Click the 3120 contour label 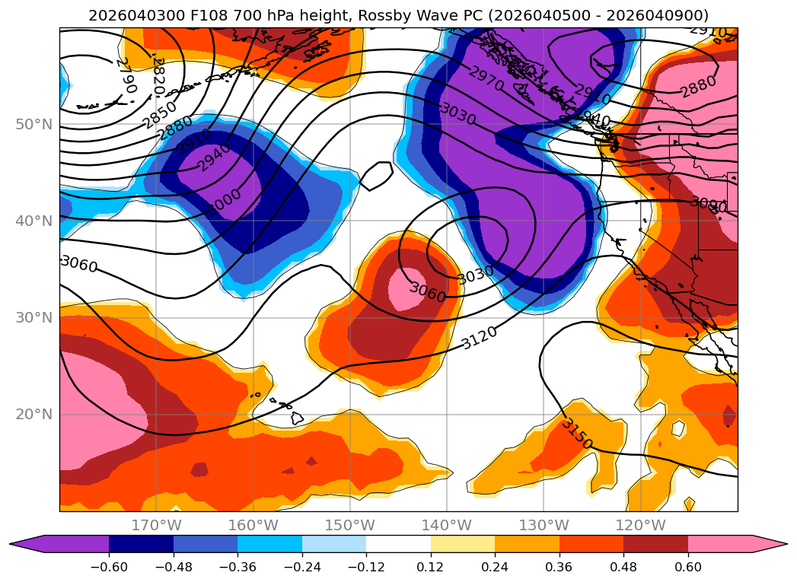click(480, 337)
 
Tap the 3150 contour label click(576, 434)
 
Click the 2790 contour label click(126, 75)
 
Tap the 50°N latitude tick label click(33, 125)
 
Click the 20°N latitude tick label click(33, 415)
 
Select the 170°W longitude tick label click(156, 526)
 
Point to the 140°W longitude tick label click(446, 526)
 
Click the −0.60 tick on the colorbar click(109, 566)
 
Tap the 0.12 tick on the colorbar click(431, 566)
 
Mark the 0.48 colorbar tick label click(623, 566)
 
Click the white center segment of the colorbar click(398, 543)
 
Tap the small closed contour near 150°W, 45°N click(375, 177)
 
